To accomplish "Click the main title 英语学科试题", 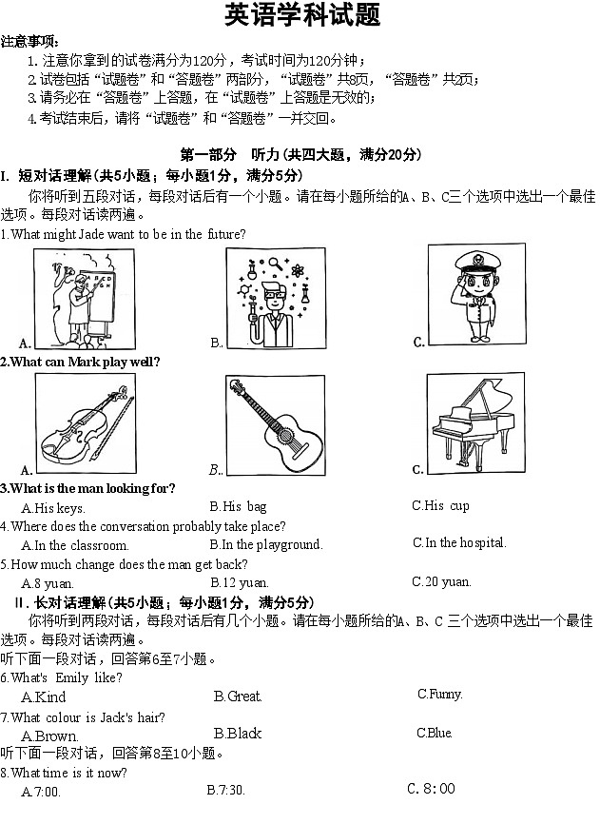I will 301,16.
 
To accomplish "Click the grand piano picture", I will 474,421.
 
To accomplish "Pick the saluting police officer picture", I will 475,295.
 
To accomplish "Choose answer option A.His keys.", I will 53,508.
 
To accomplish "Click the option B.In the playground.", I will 265,545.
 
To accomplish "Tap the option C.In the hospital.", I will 458,542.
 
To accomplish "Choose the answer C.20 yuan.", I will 441,581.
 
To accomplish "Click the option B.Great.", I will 238,696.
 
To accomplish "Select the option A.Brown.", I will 49,736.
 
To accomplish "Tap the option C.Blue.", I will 434,733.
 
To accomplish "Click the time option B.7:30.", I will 225,790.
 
